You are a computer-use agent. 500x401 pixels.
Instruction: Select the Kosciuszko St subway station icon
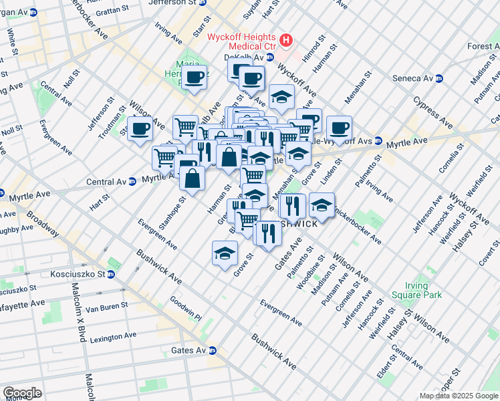[x=111, y=274]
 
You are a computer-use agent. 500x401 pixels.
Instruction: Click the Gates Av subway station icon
[x=213, y=350]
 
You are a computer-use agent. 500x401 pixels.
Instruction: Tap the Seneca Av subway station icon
[x=439, y=78]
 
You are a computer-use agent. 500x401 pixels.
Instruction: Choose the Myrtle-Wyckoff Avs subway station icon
[x=378, y=142]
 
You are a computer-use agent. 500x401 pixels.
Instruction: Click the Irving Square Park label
[x=427, y=290]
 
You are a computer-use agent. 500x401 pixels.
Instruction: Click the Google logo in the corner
[x=22, y=392]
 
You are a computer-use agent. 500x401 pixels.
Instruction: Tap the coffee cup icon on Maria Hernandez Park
[x=195, y=79]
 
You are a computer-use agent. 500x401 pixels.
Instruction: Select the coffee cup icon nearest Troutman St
[x=140, y=128]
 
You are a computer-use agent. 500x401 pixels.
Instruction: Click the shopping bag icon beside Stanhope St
[x=192, y=178]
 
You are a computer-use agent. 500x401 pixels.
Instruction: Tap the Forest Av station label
[x=483, y=46]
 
